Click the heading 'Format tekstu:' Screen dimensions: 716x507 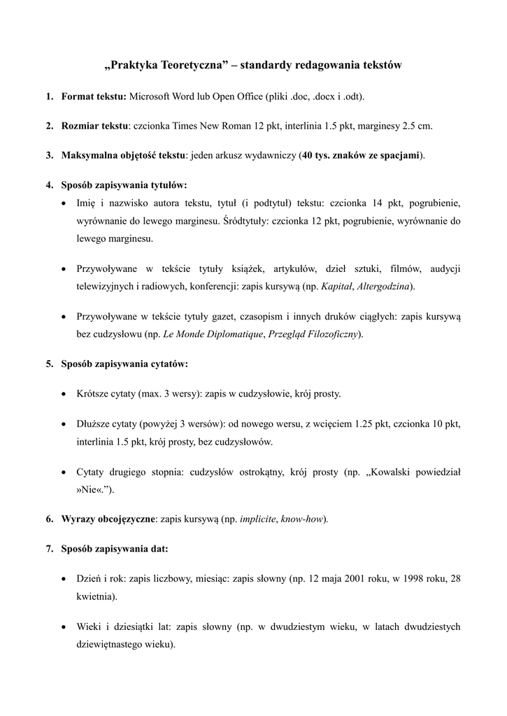pos(94,96)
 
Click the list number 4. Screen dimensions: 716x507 pos(50,185)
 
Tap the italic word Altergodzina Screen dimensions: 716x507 pos(385,286)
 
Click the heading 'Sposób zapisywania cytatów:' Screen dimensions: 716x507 pos(124,364)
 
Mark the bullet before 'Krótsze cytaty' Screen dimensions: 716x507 pos(64,394)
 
